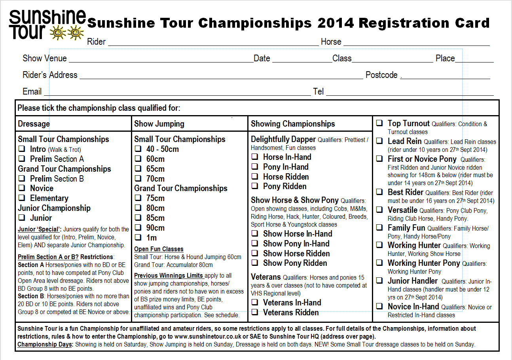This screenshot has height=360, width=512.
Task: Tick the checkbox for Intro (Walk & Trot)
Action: point(22,150)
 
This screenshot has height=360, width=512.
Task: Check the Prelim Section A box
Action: point(22,159)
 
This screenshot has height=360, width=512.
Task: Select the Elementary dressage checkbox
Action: point(22,198)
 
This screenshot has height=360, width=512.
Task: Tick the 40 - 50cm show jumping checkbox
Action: point(138,149)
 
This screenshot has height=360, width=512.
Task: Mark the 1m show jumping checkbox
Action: point(138,237)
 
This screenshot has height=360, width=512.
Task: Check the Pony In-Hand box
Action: point(255,167)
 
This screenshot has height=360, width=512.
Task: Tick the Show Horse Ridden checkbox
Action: point(255,253)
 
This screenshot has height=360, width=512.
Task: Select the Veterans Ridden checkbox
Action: point(255,313)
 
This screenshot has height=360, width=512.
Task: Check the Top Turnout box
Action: point(379,123)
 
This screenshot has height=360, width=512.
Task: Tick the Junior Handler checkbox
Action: point(379,281)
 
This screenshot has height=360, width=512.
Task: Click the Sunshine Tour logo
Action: point(47,25)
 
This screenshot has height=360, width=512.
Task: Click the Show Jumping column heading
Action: point(159,124)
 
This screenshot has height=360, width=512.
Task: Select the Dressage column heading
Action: point(34,124)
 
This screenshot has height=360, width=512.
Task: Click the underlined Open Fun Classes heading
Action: point(159,249)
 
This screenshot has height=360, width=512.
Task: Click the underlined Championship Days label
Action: point(45,345)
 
